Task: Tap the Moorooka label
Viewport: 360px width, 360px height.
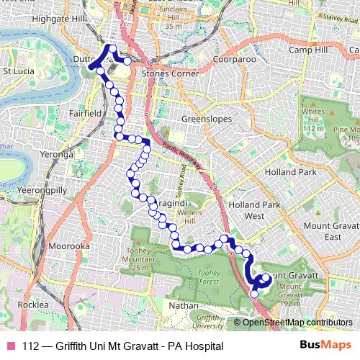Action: tap(69, 246)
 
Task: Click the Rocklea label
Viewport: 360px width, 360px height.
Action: tap(32, 305)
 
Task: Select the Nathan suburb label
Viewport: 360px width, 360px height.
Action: tap(183, 305)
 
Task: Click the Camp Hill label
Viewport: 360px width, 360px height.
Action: tap(308, 50)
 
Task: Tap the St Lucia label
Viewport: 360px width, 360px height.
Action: tap(19, 71)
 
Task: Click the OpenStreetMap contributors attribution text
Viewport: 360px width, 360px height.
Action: tap(297, 322)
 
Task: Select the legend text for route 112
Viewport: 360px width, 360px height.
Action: tap(122, 346)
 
